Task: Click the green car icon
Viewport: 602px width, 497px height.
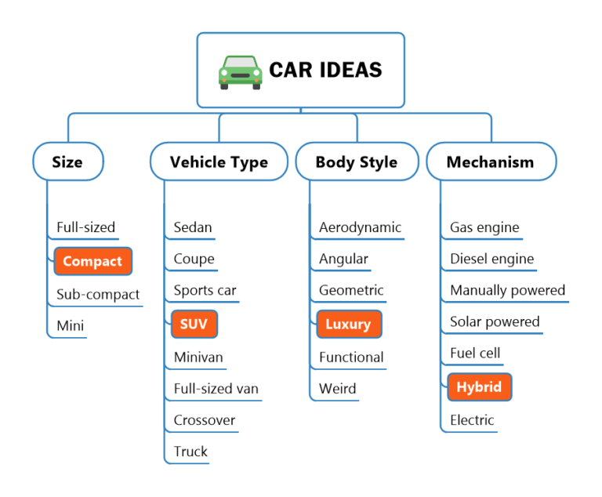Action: pos(240,71)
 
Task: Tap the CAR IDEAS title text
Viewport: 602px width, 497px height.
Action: pos(325,70)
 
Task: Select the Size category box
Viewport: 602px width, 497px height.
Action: pos(67,162)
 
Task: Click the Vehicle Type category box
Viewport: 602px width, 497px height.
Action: pos(219,162)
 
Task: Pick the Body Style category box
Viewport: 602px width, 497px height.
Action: pos(357,162)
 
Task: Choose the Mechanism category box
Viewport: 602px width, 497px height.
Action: pos(490,162)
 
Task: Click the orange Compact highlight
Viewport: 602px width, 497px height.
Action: pos(92,261)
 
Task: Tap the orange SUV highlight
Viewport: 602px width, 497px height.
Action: pos(194,324)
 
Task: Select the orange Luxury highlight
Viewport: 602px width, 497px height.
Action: pos(348,324)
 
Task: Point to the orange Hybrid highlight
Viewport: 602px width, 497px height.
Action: pos(479,386)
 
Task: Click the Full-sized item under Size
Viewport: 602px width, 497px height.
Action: pos(85,228)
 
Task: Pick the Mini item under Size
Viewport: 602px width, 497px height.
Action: pos(70,326)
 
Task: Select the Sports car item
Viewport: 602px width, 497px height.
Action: pos(205,291)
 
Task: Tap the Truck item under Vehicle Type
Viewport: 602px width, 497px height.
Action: pos(190,452)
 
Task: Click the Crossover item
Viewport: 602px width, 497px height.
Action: pos(205,420)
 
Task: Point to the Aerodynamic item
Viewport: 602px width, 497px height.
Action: pos(360,228)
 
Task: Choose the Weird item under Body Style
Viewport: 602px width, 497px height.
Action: pos(337,389)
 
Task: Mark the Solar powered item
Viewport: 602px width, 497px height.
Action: pos(495,322)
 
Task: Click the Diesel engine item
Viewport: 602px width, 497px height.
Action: pos(491,259)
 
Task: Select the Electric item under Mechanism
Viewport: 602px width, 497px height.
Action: pos(472,420)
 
